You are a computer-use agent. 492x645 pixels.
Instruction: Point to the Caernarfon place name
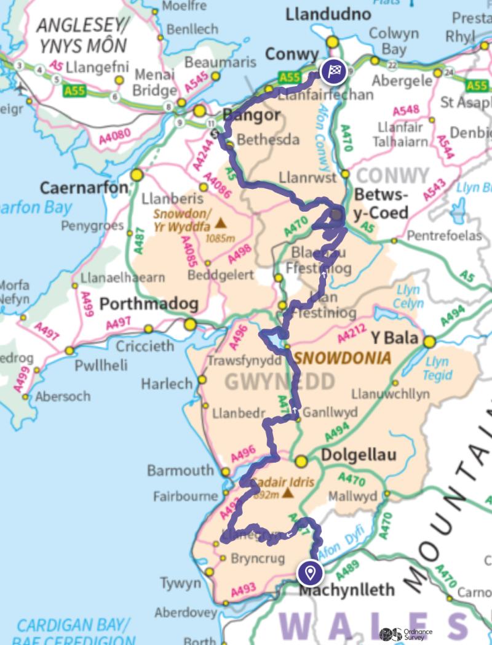[85, 188]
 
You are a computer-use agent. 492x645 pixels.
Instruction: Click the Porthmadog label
[149, 304]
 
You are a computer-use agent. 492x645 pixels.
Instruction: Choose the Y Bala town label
[394, 339]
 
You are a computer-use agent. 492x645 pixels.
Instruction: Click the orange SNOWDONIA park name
[343, 358]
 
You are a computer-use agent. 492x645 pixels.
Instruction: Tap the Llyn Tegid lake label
[437, 368]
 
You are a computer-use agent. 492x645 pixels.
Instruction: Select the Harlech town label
[167, 384]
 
